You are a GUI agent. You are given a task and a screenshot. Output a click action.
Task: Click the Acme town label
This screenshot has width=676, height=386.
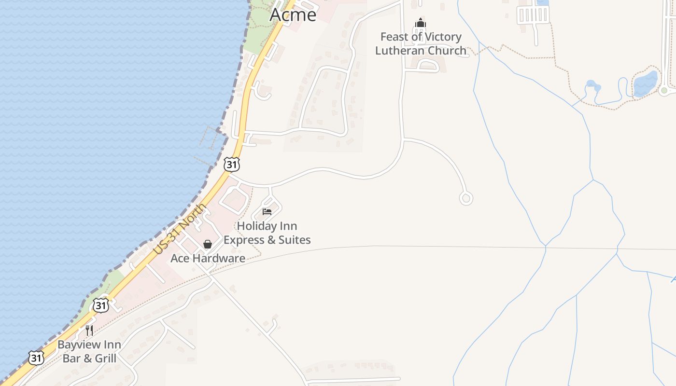coord(293,14)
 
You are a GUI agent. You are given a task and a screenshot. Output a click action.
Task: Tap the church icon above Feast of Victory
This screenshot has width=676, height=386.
coord(421,23)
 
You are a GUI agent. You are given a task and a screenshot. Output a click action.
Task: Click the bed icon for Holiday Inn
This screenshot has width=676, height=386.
coord(267,211)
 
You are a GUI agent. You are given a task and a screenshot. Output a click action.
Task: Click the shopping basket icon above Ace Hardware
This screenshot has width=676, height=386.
coord(208,244)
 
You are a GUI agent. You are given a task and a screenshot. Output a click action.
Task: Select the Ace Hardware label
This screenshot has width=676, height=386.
coord(208,258)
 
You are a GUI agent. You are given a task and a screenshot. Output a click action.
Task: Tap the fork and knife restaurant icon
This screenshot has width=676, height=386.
coord(89,331)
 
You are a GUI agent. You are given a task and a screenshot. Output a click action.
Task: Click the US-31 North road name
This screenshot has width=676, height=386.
coord(180,230)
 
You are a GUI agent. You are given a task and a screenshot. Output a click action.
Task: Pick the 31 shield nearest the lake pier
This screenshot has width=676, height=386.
coord(232,164)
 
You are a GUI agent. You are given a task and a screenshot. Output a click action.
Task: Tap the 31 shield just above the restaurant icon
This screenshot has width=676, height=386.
coord(100,305)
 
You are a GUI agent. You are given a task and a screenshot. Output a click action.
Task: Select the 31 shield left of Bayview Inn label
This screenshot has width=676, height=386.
coord(36,358)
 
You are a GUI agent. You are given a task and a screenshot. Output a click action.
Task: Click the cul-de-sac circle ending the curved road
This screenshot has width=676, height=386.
coord(466,198)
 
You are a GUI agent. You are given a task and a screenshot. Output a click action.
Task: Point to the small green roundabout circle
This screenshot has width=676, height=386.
coord(664,90)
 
